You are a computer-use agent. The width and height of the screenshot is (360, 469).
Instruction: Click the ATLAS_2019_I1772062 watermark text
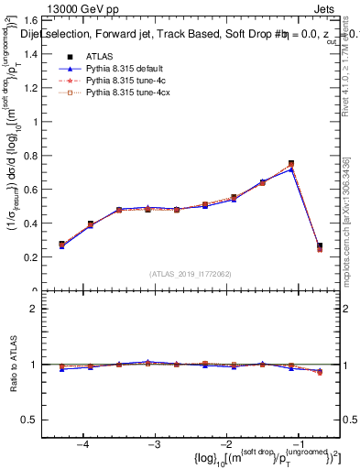[x=191, y=273]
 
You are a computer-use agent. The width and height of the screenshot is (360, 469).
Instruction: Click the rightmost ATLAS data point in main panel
[x=320, y=245]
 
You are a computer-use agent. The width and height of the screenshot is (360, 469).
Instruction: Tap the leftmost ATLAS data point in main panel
[x=61, y=245]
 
